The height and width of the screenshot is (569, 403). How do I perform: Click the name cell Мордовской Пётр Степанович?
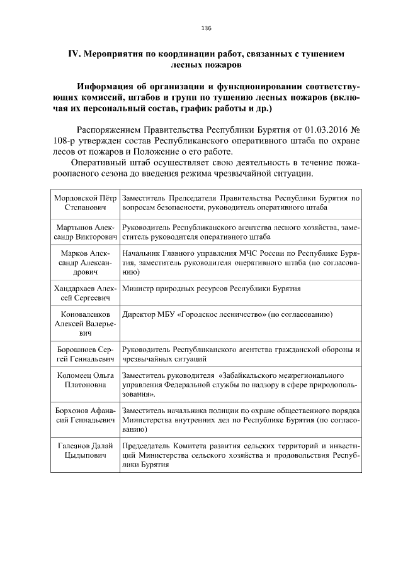pyautogui.click(x=86, y=202)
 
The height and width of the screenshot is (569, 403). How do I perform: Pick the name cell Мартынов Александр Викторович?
pyautogui.click(x=86, y=232)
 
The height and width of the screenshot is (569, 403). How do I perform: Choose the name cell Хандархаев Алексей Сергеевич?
pyautogui.click(x=86, y=294)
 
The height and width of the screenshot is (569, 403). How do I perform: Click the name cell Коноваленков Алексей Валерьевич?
pyautogui.click(x=86, y=323)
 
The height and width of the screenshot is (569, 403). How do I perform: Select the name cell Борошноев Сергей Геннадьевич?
pyautogui.click(x=86, y=354)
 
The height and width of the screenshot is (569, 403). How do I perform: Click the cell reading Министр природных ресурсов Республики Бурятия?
pyautogui.click(x=212, y=289)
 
